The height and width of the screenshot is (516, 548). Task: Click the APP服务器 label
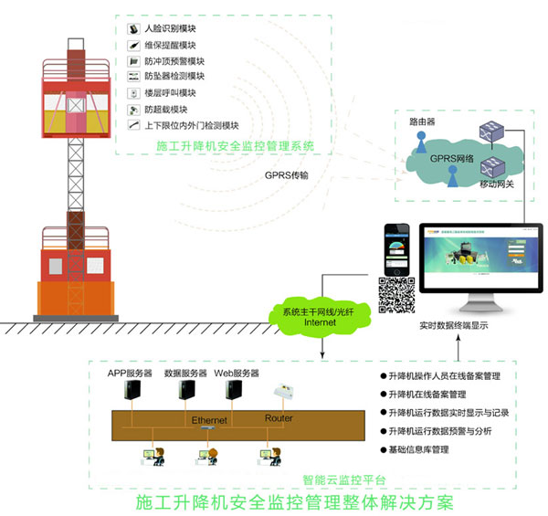tap(131, 374)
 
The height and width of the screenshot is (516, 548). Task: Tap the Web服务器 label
tap(237, 374)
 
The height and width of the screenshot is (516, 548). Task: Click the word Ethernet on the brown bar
tap(209, 420)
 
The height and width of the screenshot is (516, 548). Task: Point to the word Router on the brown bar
tap(279, 418)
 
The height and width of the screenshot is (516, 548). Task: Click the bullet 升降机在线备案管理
tap(427, 395)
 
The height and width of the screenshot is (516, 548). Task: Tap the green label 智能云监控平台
tap(343, 479)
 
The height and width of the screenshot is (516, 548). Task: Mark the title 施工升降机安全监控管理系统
tap(235, 144)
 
